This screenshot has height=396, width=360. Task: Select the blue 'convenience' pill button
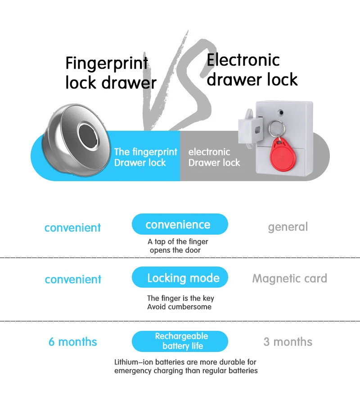pyautogui.click(x=180, y=224)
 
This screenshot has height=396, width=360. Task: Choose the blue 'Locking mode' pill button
pyautogui.click(x=180, y=277)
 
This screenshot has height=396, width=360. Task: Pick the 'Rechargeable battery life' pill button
pyautogui.click(x=180, y=341)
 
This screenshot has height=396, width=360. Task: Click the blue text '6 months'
pyautogui.click(x=73, y=342)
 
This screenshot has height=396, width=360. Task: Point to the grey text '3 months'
pyautogui.click(x=288, y=342)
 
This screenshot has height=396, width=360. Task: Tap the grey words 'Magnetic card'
pyautogui.click(x=289, y=278)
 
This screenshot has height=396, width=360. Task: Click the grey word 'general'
pyautogui.click(x=288, y=227)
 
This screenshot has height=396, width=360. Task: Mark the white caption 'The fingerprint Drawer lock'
pyautogui.click(x=145, y=157)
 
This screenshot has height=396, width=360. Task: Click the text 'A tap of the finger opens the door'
pyautogui.click(x=178, y=246)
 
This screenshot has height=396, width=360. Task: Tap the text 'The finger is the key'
pyautogui.click(x=180, y=298)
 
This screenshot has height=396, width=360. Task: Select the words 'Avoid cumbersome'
pyautogui.click(x=179, y=307)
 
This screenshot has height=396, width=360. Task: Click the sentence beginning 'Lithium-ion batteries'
pyautogui.click(x=185, y=366)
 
